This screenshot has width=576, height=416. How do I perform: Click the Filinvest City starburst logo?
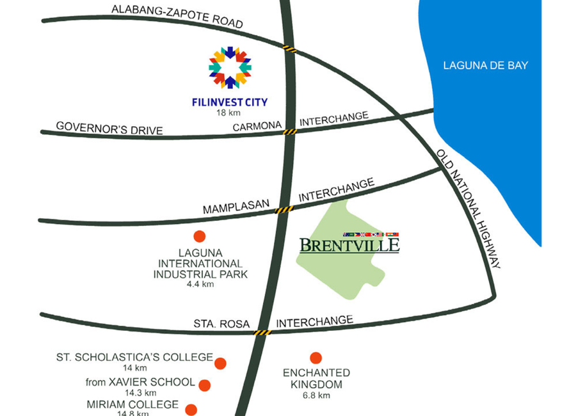[230, 68]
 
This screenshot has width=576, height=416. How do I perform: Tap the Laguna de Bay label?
[485, 65]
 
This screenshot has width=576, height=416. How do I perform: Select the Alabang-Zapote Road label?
[177, 16]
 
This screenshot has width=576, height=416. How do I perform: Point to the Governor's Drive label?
[109, 129]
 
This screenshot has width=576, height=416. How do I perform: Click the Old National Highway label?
[468, 209]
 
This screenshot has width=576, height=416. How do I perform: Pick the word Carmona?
[257, 127]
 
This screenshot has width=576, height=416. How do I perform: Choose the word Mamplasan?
[236, 207]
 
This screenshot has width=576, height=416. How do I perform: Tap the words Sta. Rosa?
[221, 324]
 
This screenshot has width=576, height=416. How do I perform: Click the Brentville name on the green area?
[349, 245]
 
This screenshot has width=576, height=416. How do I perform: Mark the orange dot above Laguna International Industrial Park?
[200, 236]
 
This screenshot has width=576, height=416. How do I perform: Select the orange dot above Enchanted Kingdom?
[316, 358]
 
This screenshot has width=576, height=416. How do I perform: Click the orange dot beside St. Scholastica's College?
[220, 363]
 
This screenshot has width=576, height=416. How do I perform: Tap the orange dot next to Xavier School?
[205, 385]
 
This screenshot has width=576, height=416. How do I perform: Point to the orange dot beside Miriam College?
[191, 410]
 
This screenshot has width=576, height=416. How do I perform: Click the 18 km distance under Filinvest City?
[228, 113]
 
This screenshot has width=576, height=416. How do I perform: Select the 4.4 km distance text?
[200, 284]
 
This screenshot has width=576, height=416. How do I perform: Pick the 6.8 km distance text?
[316, 396]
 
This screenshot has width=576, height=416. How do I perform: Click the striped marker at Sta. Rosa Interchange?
[262, 333]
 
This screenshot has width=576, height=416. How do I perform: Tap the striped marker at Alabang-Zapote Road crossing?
[289, 49]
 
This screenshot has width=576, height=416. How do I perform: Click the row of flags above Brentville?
[371, 234]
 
